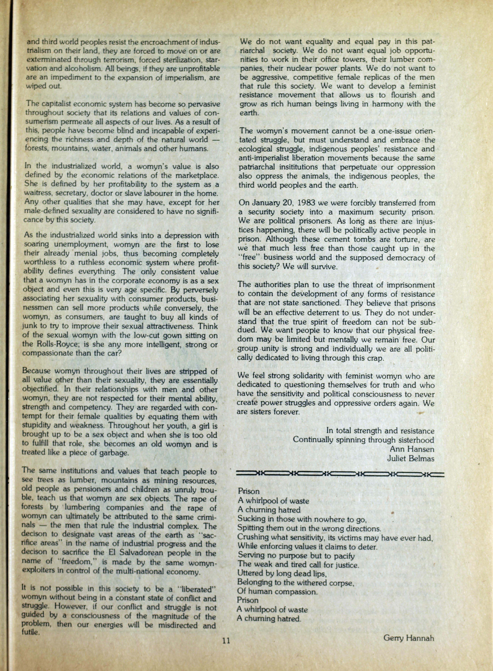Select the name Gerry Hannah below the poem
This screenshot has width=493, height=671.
pyautogui.click(x=408, y=638)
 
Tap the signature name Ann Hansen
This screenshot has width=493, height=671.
pyautogui.click(x=412, y=449)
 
